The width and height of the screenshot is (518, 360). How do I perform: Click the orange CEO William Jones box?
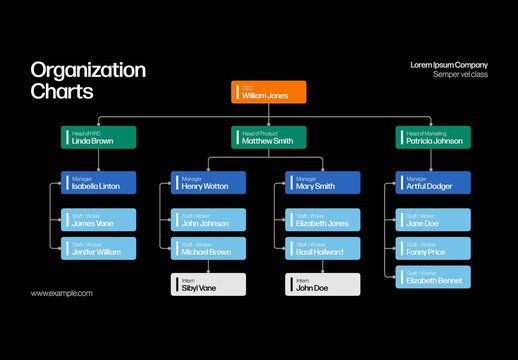click(x=268, y=92)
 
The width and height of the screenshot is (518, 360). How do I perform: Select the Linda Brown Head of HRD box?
click(x=97, y=137)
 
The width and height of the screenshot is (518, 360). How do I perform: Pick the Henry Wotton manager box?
click(x=208, y=182)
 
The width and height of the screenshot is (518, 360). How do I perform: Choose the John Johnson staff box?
click(x=208, y=220)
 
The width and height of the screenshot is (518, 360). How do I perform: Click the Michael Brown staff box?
click(x=208, y=249)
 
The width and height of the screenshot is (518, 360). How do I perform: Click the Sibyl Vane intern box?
click(x=208, y=284)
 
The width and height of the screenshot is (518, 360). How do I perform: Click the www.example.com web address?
click(x=62, y=293)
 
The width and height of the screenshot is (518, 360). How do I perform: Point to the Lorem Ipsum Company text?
click(x=449, y=65)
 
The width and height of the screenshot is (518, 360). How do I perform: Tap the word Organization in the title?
click(x=88, y=70)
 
